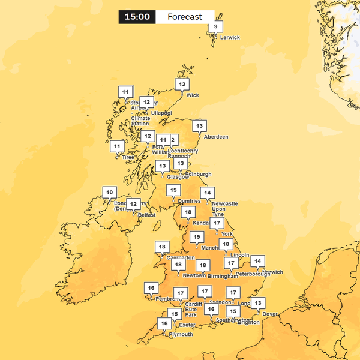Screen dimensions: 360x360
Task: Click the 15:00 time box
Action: (x=137, y=17)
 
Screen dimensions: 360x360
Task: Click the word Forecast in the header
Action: (x=185, y=17)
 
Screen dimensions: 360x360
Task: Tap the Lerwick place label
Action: (x=230, y=38)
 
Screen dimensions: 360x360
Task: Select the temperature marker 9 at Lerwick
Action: (x=215, y=26)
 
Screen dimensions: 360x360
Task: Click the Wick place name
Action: (x=193, y=95)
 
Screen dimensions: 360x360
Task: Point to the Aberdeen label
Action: (x=216, y=137)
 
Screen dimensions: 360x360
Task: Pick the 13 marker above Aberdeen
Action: (x=199, y=126)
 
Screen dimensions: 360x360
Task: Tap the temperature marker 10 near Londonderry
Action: (x=109, y=193)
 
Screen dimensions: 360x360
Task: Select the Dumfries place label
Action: (x=189, y=201)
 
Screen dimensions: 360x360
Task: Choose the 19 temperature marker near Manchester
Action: (x=196, y=237)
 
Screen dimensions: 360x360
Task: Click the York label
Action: (x=227, y=234)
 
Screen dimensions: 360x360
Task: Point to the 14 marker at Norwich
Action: (x=257, y=260)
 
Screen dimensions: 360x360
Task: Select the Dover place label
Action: (x=270, y=314)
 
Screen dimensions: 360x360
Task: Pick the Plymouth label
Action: (x=181, y=334)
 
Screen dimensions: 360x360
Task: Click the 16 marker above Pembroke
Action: (x=151, y=288)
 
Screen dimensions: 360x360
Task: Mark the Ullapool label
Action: (x=161, y=113)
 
